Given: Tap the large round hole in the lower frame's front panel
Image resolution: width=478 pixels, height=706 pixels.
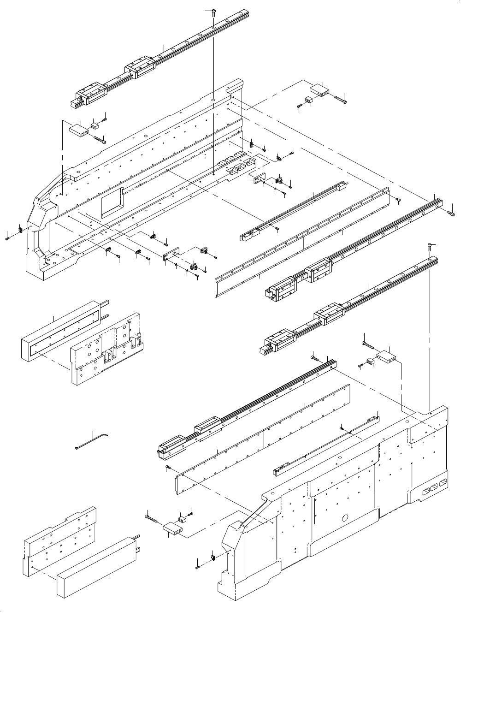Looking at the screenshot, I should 344,517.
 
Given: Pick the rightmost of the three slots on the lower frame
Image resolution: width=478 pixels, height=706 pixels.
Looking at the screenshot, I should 443,483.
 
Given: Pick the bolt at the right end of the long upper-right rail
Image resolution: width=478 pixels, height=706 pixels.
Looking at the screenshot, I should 451,213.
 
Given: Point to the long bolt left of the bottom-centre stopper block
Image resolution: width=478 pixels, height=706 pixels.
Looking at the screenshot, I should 153,519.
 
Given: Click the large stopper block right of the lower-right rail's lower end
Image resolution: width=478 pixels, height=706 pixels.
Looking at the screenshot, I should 387,356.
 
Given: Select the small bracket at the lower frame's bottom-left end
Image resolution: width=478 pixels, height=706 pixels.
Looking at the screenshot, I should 212,557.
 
